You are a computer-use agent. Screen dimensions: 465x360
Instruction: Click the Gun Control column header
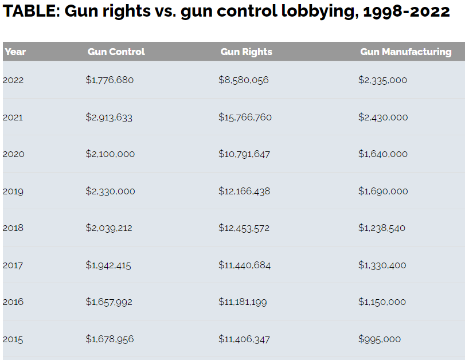tap(116, 52)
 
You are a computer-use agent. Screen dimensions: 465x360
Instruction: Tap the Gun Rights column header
tap(247, 52)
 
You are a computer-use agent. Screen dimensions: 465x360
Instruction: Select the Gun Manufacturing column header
tap(406, 52)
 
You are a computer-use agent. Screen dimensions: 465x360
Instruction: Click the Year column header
tap(15, 52)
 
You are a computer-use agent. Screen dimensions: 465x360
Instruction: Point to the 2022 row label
tap(13, 80)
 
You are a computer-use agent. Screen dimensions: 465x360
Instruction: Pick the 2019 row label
tap(13, 191)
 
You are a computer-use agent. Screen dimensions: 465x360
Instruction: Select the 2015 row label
tap(13, 339)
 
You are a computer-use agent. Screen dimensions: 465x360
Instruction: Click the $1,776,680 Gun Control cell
tap(110, 80)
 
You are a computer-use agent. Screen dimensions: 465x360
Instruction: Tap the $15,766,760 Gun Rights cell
tap(245, 117)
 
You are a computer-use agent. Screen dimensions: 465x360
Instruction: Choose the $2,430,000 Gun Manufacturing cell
tap(383, 117)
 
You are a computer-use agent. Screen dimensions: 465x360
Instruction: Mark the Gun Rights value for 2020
tap(244, 154)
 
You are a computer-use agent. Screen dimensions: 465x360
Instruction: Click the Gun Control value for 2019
tap(110, 191)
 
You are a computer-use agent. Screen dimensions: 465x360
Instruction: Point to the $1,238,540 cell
tap(382, 228)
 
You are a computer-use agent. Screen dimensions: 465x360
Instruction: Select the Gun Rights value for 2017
tap(245, 265)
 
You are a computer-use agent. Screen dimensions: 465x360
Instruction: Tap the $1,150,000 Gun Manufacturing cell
tap(382, 302)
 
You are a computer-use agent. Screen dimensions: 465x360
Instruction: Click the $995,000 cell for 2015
tap(380, 339)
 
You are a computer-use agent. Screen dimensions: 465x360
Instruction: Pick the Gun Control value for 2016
tap(109, 302)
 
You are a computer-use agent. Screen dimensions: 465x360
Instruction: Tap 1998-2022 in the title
tap(407, 11)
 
